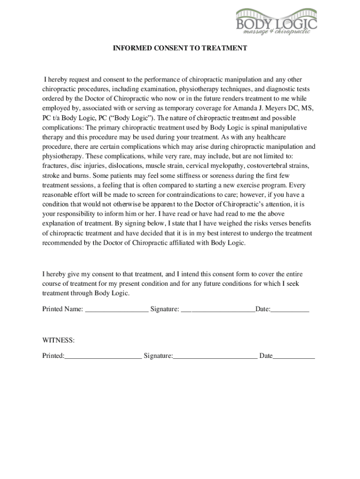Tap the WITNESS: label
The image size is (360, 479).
[58, 340]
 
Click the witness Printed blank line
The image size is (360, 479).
[103, 357]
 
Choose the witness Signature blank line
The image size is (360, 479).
[215, 357]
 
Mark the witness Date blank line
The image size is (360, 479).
[294, 357]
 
